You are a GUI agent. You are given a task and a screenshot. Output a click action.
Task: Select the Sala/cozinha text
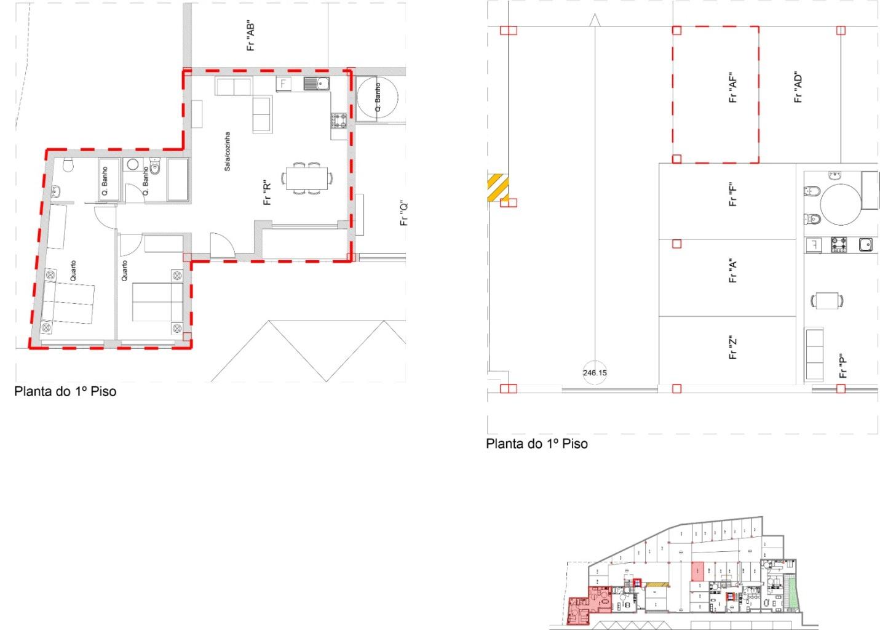pyautogui.click(x=227, y=151)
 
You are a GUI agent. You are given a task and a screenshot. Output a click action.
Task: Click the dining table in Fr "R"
pyautogui.click(x=306, y=178)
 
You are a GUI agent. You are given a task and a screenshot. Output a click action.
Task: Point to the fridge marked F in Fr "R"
pyautogui.click(x=283, y=83)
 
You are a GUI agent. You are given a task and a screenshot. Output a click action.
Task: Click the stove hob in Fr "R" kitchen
pyautogui.click(x=339, y=119)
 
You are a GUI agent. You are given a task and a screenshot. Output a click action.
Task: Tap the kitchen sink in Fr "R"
pyautogui.click(x=317, y=83)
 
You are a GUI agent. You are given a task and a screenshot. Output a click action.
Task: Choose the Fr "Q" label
pyautogui.click(x=404, y=213)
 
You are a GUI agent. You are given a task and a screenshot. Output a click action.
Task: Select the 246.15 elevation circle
pyautogui.click(x=595, y=372)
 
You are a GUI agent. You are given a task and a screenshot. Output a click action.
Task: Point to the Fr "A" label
pyautogui.click(x=732, y=271)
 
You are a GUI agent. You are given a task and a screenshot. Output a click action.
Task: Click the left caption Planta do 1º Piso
pyautogui.click(x=65, y=391)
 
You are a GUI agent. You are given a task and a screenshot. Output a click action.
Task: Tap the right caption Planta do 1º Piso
pyautogui.click(x=537, y=444)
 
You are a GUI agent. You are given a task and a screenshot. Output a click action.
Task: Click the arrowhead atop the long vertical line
pyautogui.click(x=594, y=20)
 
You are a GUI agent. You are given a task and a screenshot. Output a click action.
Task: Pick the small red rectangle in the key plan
pyautogui.click(x=697, y=572)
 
